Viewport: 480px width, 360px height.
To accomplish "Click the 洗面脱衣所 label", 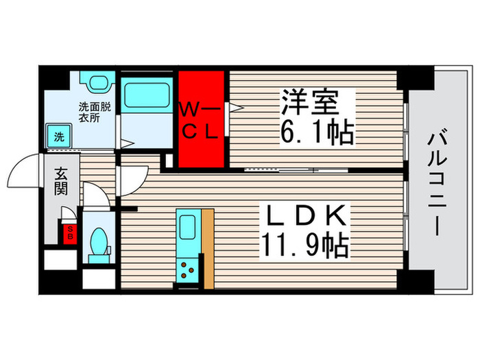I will tap(95, 112).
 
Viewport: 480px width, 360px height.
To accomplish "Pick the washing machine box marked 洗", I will tap(59, 136).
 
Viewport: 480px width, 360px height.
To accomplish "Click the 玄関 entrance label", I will tap(60, 182).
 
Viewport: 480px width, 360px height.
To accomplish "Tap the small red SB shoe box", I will tap(69, 232).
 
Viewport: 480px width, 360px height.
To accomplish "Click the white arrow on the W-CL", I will tap(234, 107).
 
